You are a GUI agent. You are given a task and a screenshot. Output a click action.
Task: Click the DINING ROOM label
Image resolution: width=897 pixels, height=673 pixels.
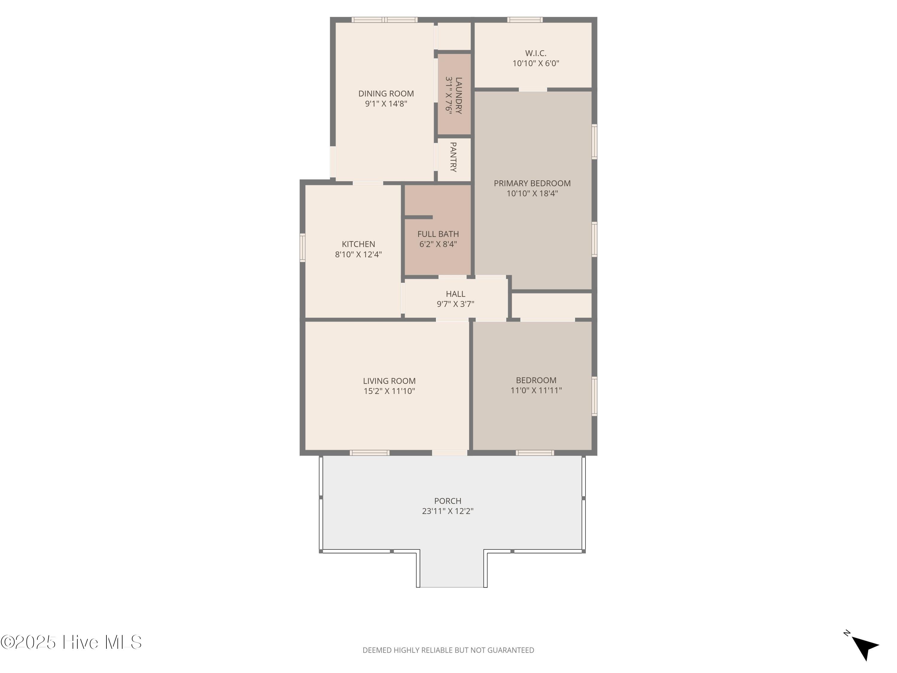tap(386, 94)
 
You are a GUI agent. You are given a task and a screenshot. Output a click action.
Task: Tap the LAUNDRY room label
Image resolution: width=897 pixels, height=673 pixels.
tap(459, 95)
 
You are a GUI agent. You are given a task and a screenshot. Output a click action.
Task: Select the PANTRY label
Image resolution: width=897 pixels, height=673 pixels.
tap(453, 157)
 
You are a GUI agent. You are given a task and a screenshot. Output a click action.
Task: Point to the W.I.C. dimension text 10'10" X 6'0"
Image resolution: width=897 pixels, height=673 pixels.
tap(536, 63)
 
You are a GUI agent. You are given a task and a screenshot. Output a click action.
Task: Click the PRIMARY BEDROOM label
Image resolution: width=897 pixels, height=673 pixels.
tap(532, 183)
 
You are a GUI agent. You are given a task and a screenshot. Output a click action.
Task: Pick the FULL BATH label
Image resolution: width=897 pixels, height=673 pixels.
tap(438, 234)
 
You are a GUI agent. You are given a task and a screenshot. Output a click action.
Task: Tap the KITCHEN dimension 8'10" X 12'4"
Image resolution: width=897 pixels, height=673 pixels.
tap(359, 254)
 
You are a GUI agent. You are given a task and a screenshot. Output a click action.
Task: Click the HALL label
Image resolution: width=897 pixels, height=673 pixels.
tap(455, 294)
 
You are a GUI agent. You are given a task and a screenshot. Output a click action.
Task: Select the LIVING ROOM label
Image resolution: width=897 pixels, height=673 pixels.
tap(389, 381)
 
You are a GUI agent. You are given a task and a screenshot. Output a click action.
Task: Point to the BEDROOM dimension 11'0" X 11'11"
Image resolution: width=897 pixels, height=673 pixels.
tap(536, 390)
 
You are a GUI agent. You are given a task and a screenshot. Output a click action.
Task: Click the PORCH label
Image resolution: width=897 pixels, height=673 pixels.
tap(448, 501)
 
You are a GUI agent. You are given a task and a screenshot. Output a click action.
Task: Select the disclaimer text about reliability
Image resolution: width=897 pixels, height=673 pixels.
tap(448, 650)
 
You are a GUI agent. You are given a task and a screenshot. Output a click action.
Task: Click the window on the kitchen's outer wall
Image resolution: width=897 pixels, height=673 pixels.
tap(302, 247)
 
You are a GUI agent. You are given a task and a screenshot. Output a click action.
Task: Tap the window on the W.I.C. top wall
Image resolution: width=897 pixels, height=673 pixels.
tap(525, 19)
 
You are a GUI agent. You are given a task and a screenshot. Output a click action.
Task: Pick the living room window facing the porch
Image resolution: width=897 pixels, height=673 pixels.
tap(370, 453)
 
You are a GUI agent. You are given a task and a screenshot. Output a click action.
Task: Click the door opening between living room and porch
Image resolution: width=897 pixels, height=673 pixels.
tap(450, 453)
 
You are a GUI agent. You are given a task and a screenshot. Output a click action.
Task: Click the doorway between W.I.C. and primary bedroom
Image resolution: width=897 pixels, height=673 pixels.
tap(533, 89)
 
